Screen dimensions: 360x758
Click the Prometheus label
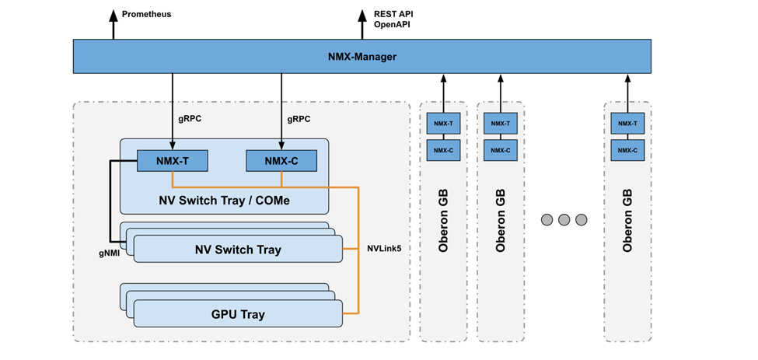pyautogui.click(x=146, y=14)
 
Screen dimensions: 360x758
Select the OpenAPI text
pyautogui.click(x=392, y=25)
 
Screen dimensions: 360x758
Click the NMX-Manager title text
pyautogui.click(x=362, y=57)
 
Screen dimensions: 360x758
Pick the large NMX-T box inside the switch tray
pyautogui.click(x=173, y=161)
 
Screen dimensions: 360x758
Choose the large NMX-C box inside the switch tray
pyautogui.click(x=281, y=161)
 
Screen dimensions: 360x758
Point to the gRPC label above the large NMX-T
pyautogui.click(x=190, y=120)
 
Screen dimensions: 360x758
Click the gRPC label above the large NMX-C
pyautogui.click(x=299, y=120)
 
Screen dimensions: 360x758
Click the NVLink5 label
pyautogui.click(x=384, y=250)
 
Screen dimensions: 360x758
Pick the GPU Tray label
pyautogui.click(x=238, y=314)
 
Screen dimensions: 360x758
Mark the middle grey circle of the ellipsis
pyautogui.click(x=564, y=220)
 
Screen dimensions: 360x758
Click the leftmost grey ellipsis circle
pyautogui.click(x=547, y=220)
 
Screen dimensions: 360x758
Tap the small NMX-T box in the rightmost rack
pyautogui.click(x=627, y=123)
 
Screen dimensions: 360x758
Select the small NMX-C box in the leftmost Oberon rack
pyautogui.click(x=443, y=150)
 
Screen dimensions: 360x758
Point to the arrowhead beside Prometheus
pyautogui.click(x=113, y=13)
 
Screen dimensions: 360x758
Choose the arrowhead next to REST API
pyautogui.click(x=362, y=13)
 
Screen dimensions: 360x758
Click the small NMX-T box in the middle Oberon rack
pyautogui.click(x=501, y=123)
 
